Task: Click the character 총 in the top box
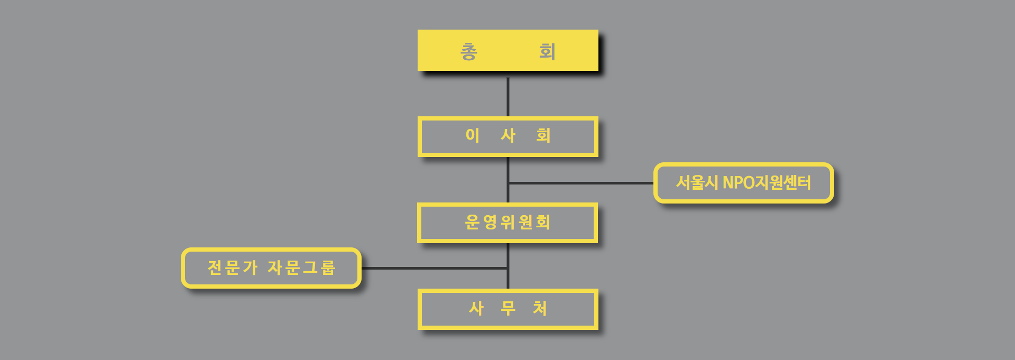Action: (x=469, y=51)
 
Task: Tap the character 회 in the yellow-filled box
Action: (x=547, y=51)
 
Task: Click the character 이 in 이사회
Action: (x=473, y=135)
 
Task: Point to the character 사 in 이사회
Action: (x=508, y=135)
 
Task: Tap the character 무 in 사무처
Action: (x=508, y=308)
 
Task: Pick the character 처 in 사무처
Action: (x=540, y=308)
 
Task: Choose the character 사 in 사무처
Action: (x=476, y=308)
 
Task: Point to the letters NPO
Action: (x=738, y=182)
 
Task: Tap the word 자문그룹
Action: (x=301, y=267)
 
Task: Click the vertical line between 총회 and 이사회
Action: (x=508, y=97)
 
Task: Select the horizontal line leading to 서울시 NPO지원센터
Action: (x=582, y=183)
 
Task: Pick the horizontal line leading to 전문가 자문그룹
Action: (x=433, y=268)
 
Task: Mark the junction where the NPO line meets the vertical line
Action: (x=508, y=183)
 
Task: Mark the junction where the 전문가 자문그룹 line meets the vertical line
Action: (x=508, y=268)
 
